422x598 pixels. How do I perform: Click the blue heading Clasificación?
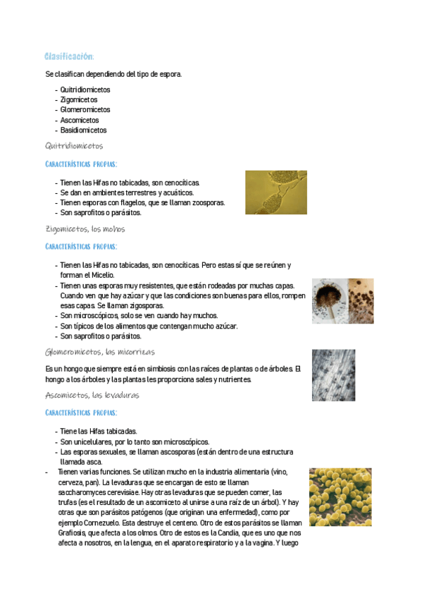click(69, 56)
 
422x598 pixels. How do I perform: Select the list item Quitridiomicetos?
click(85, 90)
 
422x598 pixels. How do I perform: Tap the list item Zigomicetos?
click(79, 99)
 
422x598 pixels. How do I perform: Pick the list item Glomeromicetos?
click(85, 110)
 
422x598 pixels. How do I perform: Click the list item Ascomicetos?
click(80, 120)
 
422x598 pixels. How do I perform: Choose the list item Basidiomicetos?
click(84, 130)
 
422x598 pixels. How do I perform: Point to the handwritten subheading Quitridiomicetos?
click(74, 146)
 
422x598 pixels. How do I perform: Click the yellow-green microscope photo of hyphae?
click(275, 192)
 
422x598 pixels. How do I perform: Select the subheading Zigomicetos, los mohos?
click(85, 229)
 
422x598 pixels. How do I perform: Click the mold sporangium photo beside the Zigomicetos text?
click(342, 300)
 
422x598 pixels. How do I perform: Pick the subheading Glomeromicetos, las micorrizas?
click(100, 351)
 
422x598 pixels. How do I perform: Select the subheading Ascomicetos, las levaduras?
click(92, 395)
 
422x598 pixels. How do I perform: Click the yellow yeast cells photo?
click(340, 497)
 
